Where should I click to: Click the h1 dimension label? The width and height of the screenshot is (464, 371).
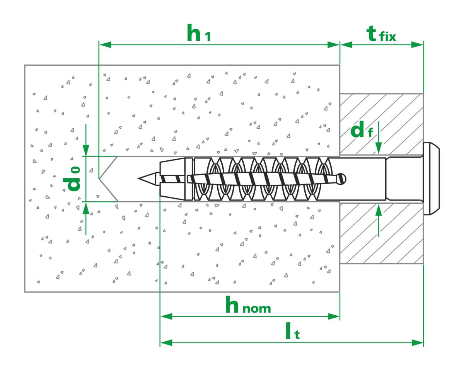click(198, 34)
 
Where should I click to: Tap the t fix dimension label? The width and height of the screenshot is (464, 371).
click(381, 34)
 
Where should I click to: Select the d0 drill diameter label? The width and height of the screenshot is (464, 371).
click(73, 179)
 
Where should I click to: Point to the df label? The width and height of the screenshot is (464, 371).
click(362, 131)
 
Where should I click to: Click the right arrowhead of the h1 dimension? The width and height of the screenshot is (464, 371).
click(334, 44)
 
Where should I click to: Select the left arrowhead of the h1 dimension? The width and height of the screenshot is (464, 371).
click(106, 44)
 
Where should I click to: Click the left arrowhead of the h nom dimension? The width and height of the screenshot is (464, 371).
click(166, 317)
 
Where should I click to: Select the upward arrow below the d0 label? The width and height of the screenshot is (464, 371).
click(86, 208)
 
